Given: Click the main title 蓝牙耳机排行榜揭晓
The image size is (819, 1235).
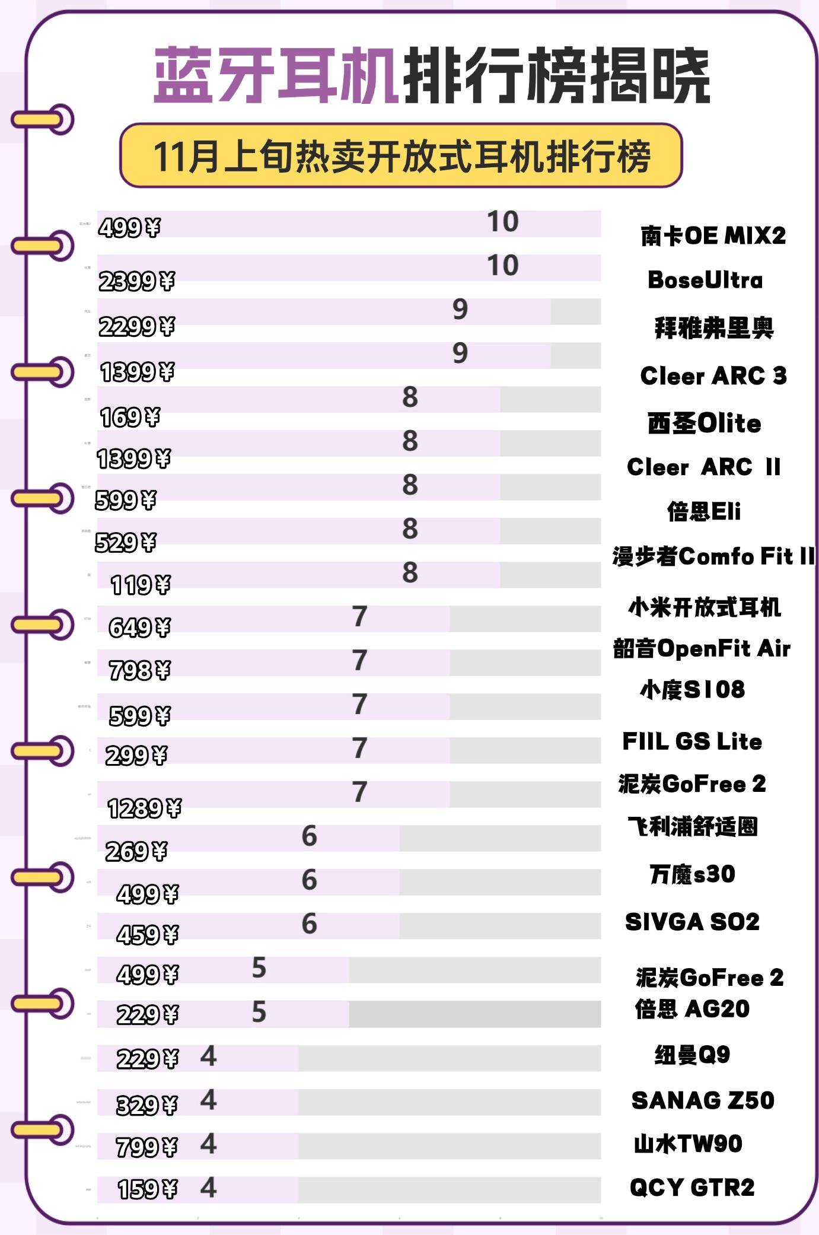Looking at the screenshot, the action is pos(431,75).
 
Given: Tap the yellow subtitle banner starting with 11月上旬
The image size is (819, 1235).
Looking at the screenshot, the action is pos(401,156).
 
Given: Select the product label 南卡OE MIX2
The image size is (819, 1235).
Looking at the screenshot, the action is pos(713,236).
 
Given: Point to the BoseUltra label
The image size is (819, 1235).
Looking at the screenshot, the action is pos(705,280).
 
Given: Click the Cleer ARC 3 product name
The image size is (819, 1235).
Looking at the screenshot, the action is pos(713,375).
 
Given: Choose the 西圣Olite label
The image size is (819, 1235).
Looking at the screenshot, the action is pos(704,424).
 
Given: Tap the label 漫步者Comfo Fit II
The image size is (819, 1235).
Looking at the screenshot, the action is pos(713,556).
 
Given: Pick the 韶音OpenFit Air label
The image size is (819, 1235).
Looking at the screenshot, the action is pos(702,648).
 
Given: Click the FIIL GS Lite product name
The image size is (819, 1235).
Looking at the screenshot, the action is pos(692,741).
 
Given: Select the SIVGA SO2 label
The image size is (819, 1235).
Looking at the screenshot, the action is pos(692,922).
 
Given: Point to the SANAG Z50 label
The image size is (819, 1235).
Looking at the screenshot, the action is pos(703,1101).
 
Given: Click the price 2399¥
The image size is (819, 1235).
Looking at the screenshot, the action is pos(136,281).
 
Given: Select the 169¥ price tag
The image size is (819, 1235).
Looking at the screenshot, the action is pos(130,418).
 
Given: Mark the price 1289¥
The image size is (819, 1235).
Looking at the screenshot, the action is pos(144,809).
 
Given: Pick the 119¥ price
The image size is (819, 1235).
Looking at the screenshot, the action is pos(141,585).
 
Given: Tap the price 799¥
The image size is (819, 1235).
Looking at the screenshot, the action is pos(146,1147).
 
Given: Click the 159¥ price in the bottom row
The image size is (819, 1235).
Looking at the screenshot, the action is pos(147,1189).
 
